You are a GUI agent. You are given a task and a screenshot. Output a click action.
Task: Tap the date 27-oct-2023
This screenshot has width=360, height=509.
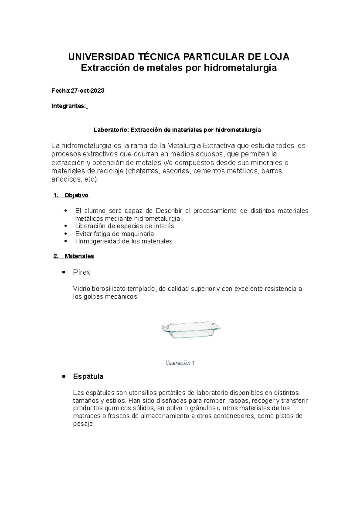[x=87, y=91]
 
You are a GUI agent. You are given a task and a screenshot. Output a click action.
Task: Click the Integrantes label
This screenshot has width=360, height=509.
[x=69, y=106]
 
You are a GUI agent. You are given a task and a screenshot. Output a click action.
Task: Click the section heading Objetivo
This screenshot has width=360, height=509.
[x=76, y=195]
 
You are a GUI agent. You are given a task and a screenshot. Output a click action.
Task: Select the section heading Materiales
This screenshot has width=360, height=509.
[x=79, y=256]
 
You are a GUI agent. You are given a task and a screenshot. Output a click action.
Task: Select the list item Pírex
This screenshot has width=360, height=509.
[x=82, y=272]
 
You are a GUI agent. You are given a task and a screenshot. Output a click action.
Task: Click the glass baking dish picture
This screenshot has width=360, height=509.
[x=191, y=330]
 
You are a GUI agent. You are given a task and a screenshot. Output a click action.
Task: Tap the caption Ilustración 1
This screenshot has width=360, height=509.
[x=180, y=363]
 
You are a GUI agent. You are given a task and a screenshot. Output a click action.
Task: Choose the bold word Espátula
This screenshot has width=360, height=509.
[x=88, y=377]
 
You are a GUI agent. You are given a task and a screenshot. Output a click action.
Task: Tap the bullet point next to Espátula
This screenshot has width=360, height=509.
[x=64, y=377]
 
